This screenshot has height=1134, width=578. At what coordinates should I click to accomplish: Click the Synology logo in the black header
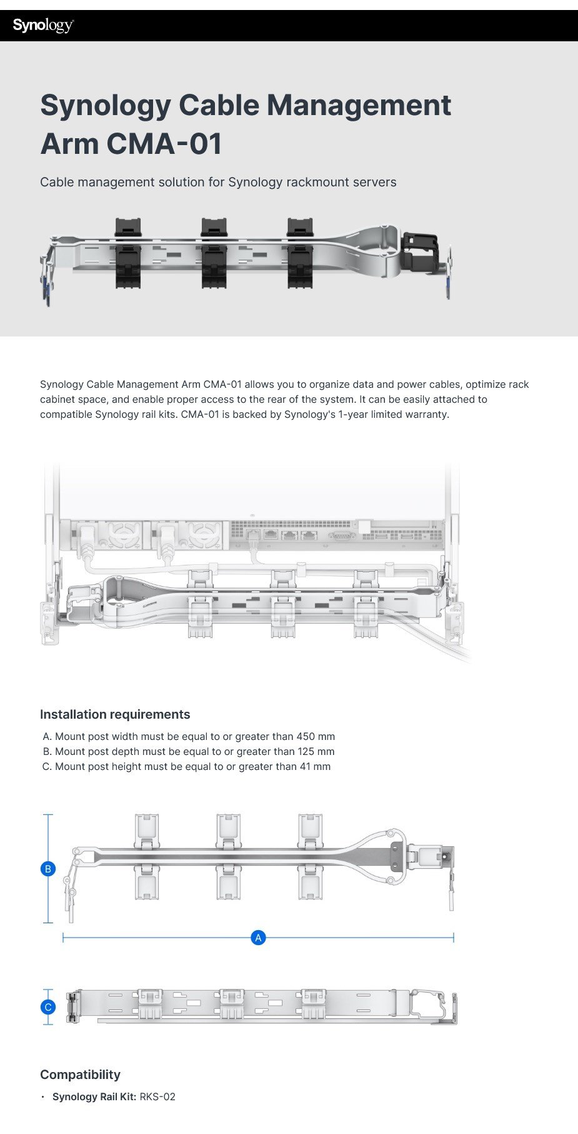click(43, 26)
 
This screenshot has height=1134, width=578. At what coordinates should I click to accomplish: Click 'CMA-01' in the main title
click(164, 144)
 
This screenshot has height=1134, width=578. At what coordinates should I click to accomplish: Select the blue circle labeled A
click(258, 938)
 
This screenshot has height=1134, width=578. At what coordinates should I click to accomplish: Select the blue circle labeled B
click(48, 869)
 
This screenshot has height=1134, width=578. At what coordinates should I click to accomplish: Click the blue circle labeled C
click(48, 1007)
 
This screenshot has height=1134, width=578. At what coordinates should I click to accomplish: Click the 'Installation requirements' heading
click(115, 714)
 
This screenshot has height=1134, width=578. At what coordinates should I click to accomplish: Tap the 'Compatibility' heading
click(80, 1075)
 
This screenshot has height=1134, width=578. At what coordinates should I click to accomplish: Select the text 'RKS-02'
click(157, 1096)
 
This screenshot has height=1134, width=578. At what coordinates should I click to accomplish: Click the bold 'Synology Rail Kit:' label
click(94, 1096)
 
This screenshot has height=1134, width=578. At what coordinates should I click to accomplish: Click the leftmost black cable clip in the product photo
click(127, 253)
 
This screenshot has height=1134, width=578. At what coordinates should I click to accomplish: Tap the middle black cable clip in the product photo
click(214, 253)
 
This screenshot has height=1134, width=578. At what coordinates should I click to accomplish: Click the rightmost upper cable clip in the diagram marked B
click(310, 830)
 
